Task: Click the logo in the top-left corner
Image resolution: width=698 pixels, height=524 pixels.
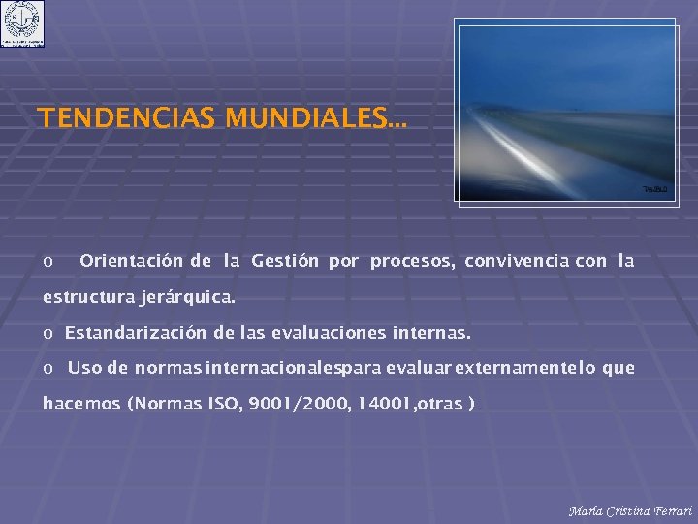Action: click(x=22, y=23)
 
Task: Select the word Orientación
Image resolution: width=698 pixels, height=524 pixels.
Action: click(x=131, y=261)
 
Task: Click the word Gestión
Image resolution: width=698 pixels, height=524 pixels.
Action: click(x=285, y=261)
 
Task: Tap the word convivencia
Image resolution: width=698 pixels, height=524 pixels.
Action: click(x=517, y=261)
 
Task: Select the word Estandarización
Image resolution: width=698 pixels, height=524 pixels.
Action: click(x=135, y=333)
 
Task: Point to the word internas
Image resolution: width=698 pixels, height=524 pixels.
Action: click(x=431, y=333)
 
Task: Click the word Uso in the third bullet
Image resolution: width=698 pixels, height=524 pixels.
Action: click(x=84, y=368)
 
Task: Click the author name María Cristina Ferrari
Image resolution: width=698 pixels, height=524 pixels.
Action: click(x=630, y=511)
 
